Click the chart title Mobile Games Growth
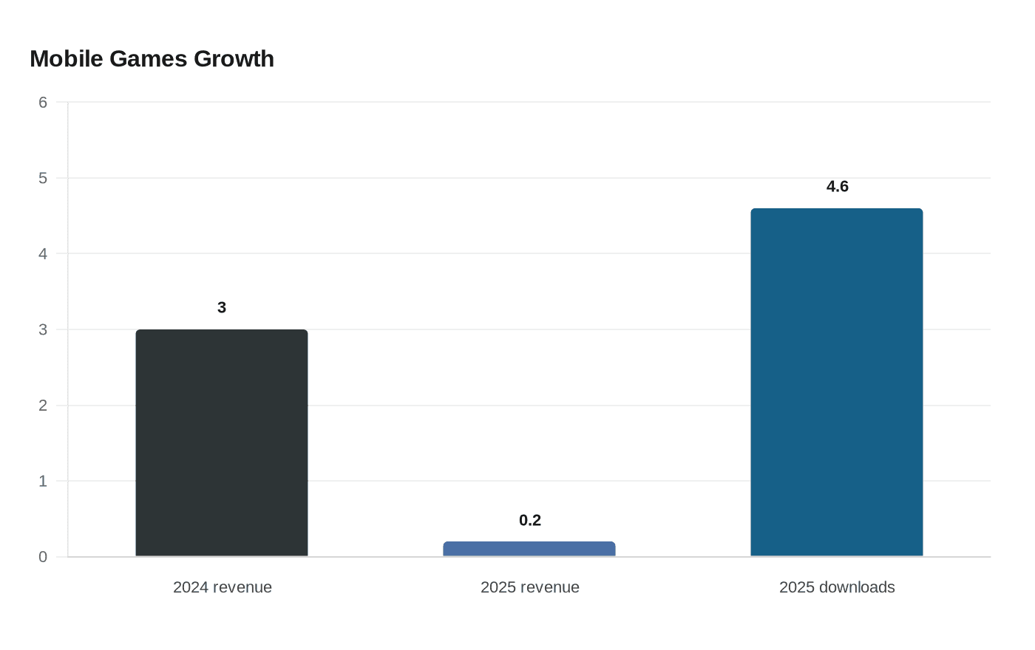152,59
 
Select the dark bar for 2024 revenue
222,442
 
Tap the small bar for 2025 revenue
529,549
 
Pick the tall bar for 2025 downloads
837,383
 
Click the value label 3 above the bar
222,307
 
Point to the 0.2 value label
530,520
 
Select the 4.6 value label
837,186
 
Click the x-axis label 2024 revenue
223,587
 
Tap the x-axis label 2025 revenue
529,587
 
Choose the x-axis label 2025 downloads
837,587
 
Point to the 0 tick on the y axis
43,557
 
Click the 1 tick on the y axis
43,481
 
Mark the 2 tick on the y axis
43,406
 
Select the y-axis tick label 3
43,329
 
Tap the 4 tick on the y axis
43,253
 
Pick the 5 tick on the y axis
43,178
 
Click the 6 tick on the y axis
43,102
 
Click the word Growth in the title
234,59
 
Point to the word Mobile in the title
67,59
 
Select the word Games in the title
149,59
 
